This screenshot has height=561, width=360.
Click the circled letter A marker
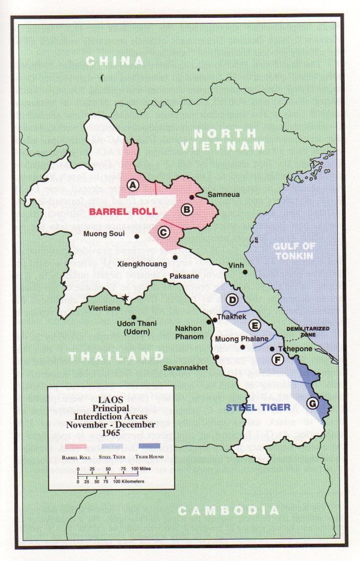tap(132, 185)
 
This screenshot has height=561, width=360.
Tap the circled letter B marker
tap(186, 210)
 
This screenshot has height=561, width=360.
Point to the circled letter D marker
tap(232, 300)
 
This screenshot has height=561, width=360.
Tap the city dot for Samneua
tap(191, 197)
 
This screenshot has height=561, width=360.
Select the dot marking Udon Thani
tap(133, 317)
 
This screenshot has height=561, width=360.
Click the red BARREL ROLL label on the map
tap(123, 211)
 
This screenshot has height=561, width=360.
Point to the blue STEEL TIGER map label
tap(258, 408)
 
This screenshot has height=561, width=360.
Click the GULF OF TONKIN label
tap(295, 250)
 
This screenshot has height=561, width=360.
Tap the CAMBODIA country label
tap(229, 510)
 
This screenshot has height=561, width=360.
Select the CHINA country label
tap(115, 61)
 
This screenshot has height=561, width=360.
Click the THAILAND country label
tap(116, 356)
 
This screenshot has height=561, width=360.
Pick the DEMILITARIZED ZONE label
tap(307, 332)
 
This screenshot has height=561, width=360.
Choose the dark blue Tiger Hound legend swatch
tap(150, 445)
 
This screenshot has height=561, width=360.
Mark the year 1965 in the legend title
tap(111, 433)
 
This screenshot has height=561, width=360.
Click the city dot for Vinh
tap(245, 272)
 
